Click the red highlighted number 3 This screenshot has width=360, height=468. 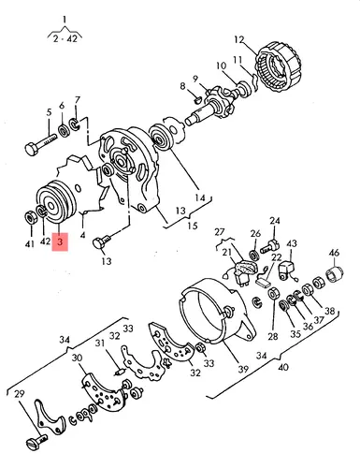(60, 241)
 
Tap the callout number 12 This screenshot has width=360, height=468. (239, 40)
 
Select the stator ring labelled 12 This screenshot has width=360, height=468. (279, 66)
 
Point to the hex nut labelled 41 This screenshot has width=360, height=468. (31, 217)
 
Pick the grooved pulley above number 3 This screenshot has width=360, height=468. (56, 201)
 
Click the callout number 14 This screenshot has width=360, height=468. (200, 197)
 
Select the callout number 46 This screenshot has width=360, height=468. (334, 253)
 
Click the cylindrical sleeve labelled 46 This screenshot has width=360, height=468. (335, 273)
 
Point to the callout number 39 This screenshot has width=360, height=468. (243, 369)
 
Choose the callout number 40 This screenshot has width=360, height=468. (282, 367)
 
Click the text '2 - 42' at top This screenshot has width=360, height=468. (65, 39)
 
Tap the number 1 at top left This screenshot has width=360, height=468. (65, 20)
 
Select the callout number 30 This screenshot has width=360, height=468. (78, 358)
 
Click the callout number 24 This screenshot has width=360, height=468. (275, 221)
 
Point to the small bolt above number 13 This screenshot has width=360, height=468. (102, 242)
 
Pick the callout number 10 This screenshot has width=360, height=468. (222, 66)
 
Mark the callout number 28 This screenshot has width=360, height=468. (272, 336)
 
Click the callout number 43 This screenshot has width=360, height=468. (292, 243)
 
